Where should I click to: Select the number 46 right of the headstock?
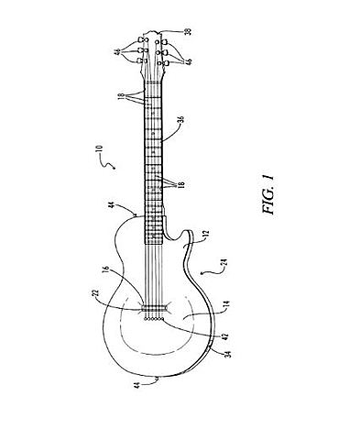190,60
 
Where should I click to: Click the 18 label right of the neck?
181,185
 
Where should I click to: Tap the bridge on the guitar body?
154,313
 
